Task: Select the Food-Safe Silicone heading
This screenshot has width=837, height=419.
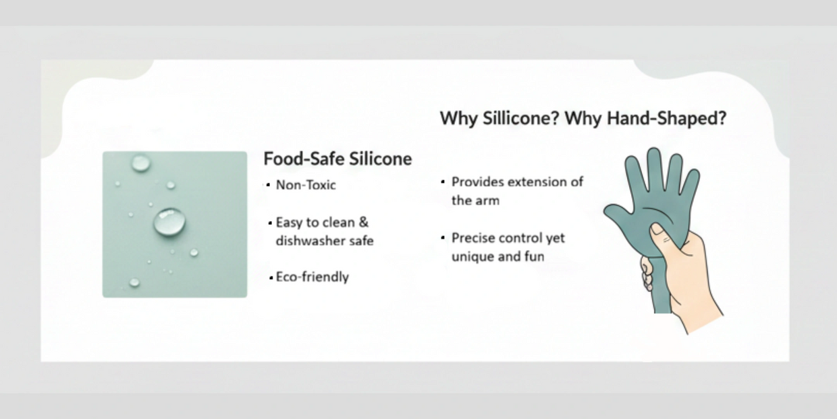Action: pos(337,159)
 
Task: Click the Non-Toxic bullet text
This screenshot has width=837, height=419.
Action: pos(306,184)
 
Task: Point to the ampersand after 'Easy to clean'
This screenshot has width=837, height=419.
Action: pos(363,222)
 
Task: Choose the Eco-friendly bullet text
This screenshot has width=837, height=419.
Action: pos(313,277)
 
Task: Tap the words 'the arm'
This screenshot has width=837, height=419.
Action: pos(475,201)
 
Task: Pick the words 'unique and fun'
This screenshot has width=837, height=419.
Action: pos(497,257)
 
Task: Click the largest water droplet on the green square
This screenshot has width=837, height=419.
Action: pos(169,222)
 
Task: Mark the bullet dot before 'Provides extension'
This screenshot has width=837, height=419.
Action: pos(443,182)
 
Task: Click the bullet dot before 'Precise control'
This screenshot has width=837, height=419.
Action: pos(443,238)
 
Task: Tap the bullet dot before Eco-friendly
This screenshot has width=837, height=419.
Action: pos(271,278)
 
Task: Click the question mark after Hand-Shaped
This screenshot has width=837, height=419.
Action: pos(722,118)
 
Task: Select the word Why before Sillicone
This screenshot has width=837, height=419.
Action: pos(459,118)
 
